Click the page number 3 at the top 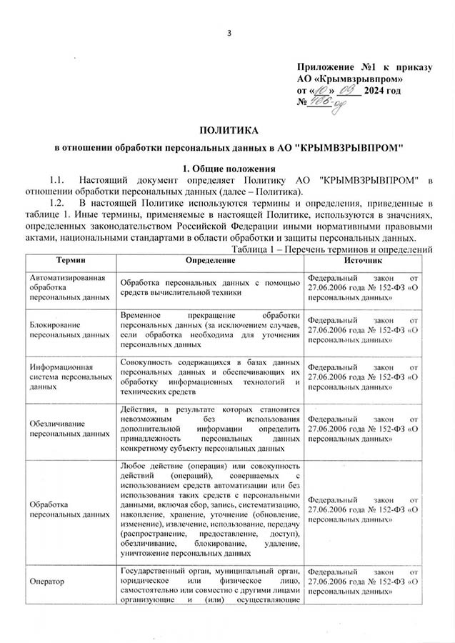[x=228, y=32]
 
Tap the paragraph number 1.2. [x=57, y=203]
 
